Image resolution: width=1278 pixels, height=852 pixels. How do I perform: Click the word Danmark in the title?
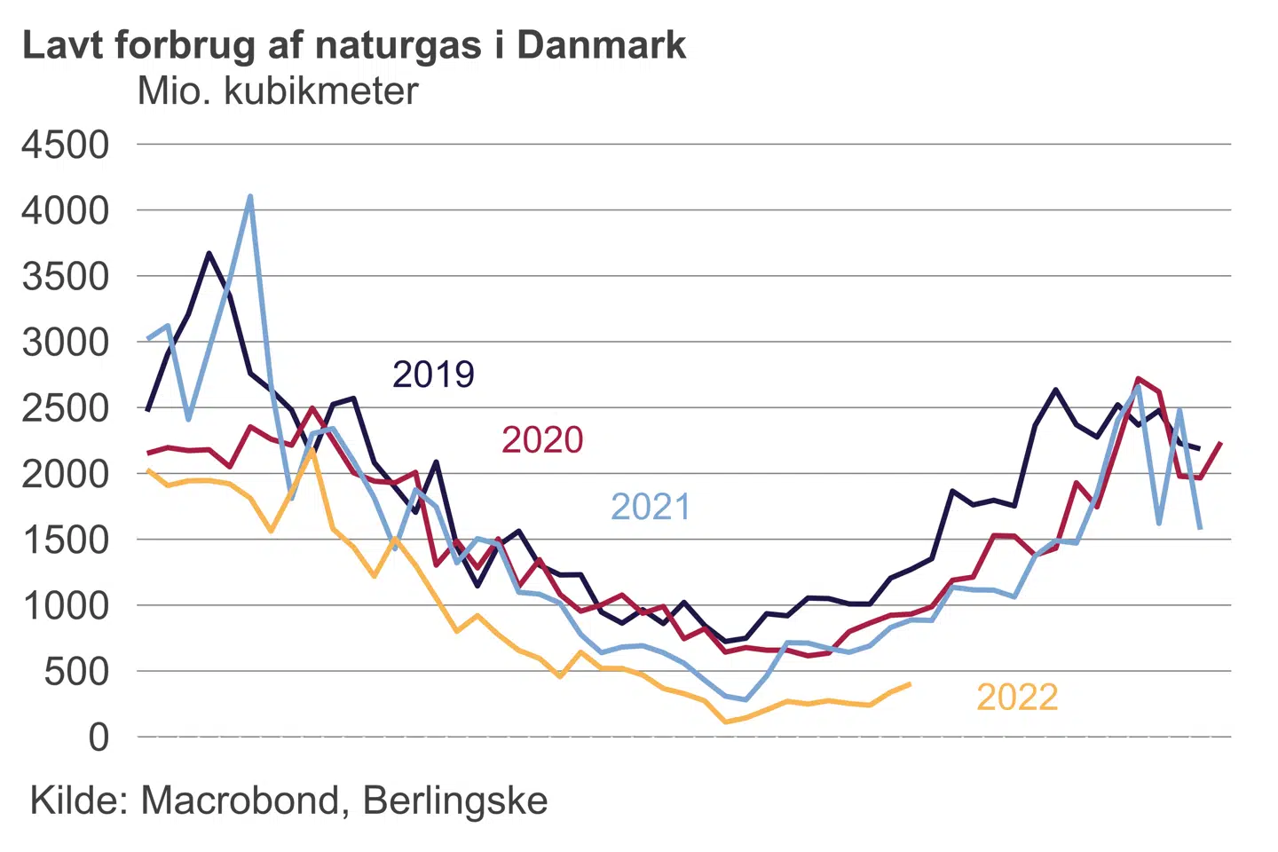pyautogui.click(x=601, y=45)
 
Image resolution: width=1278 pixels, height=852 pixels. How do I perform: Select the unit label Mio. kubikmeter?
pyautogui.click(x=277, y=91)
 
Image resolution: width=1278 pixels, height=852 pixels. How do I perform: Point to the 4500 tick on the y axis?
pyautogui.click(x=66, y=145)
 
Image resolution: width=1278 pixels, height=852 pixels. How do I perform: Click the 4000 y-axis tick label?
pyautogui.click(x=66, y=210)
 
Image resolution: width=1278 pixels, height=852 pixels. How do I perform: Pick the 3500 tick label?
pyautogui.click(x=66, y=276)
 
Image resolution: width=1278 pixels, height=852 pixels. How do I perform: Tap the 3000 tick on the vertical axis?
pyautogui.click(x=66, y=342)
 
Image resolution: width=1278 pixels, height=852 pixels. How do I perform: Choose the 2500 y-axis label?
pyautogui.click(x=66, y=407)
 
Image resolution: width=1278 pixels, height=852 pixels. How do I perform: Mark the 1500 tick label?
pyautogui.click(x=66, y=540)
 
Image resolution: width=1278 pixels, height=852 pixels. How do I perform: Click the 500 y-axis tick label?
pyautogui.click(x=76, y=671)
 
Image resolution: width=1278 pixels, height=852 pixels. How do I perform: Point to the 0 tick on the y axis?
pyautogui.click(x=99, y=737)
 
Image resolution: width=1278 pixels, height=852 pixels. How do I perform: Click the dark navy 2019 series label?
pyautogui.click(x=433, y=375)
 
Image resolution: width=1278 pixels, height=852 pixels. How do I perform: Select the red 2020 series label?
pyautogui.click(x=542, y=440)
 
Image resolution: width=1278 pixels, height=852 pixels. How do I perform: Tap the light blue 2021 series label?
pyautogui.click(x=651, y=507)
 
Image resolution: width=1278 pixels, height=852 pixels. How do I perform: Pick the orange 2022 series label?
pyautogui.click(x=1017, y=698)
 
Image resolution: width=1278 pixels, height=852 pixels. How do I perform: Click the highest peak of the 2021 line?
pyautogui.click(x=250, y=196)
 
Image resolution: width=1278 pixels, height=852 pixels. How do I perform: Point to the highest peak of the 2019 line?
pyautogui.click(x=209, y=254)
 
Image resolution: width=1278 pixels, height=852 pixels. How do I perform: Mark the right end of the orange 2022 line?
pyautogui.click(x=909, y=684)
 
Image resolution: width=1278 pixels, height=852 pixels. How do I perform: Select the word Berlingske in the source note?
pyautogui.click(x=455, y=801)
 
